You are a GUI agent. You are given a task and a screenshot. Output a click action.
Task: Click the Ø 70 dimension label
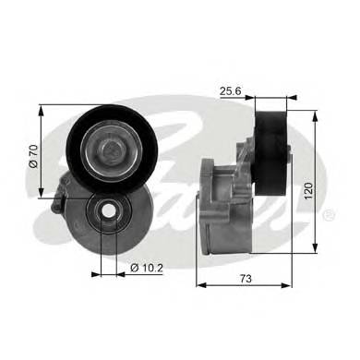(x=32, y=151)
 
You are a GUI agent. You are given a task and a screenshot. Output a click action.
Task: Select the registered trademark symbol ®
(x=330, y=215)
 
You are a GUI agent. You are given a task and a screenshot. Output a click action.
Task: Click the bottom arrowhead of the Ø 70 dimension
(x=42, y=194)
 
